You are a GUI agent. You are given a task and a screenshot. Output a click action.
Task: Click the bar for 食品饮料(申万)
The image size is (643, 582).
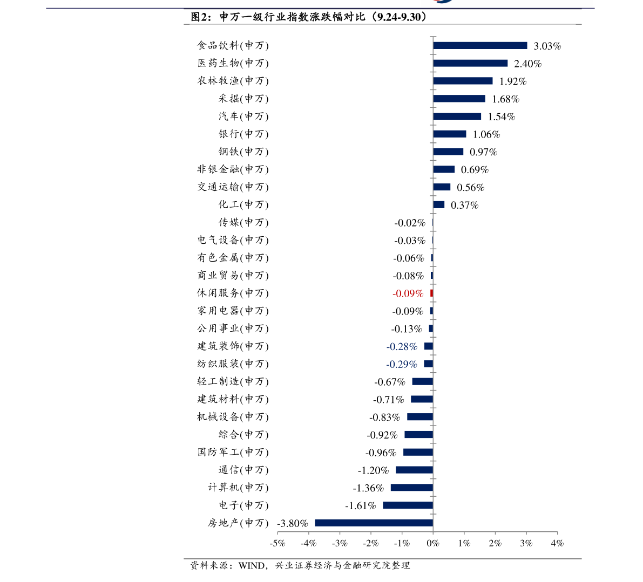[480, 46]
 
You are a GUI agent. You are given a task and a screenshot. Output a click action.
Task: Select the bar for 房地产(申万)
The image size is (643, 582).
[374, 523]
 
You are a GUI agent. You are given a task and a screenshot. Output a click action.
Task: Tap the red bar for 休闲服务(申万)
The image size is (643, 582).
[431, 293]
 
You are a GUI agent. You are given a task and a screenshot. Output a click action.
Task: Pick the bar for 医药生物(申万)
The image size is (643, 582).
[470, 63]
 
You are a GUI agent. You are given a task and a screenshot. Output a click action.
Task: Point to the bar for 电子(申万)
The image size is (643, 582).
[408, 505]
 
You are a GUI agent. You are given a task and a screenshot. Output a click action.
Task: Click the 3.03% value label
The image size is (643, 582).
[547, 46]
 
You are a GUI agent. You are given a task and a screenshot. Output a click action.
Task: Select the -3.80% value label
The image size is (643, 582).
[292, 523]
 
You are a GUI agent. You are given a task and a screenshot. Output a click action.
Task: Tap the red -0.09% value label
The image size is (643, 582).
[408, 293]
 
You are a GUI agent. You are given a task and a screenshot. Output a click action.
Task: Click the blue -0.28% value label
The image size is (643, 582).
[402, 346]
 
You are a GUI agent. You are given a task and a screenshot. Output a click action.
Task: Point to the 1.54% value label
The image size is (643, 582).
[502, 117]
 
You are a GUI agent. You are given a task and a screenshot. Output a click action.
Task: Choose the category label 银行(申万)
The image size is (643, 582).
[243, 134]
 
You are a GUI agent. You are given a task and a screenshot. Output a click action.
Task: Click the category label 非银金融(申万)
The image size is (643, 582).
[233, 169]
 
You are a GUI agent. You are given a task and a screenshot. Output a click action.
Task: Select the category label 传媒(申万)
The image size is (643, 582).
[243, 222]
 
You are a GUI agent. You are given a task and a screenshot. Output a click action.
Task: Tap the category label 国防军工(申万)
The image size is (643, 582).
[233, 452]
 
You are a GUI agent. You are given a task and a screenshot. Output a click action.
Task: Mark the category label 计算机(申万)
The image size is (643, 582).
[238, 488]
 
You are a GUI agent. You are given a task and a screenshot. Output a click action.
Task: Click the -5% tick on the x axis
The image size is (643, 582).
[277, 543]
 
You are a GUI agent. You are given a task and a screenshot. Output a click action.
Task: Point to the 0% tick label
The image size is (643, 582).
[433, 543]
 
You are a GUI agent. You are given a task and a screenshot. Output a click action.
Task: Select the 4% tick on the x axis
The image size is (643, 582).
[557, 543]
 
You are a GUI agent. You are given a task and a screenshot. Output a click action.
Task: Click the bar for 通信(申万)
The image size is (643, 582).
[414, 470]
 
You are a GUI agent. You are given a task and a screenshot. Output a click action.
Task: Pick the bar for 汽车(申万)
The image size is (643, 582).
[457, 117]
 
